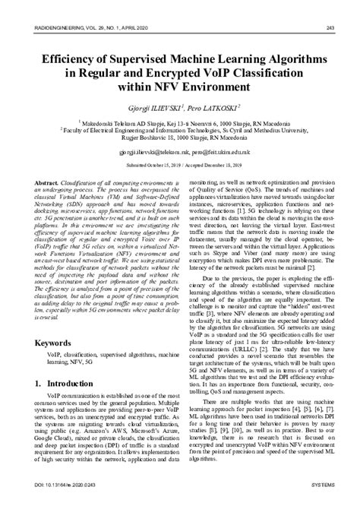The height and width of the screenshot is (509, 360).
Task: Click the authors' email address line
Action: pyautogui.click(x=179, y=152)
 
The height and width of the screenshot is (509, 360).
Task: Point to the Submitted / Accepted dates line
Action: pyautogui.click(x=179, y=164)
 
